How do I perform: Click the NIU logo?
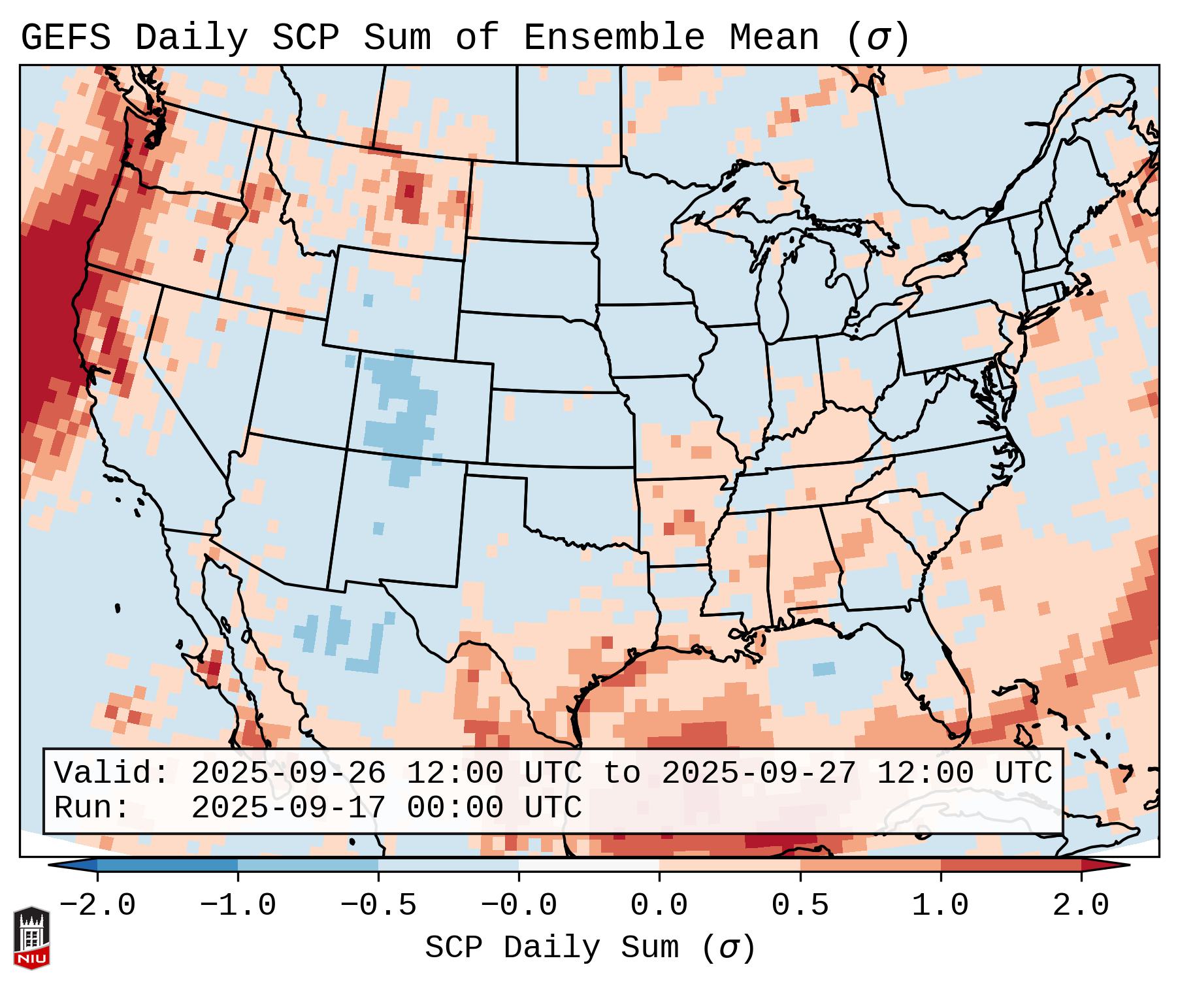tap(31, 937)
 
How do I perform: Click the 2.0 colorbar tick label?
tap(1081, 906)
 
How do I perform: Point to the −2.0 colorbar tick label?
tap(97, 906)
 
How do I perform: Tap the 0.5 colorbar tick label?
tap(800, 906)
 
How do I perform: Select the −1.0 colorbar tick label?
tap(238, 906)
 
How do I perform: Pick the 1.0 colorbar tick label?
tap(940, 906)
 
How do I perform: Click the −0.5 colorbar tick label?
tap(378, 906)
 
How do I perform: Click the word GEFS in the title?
tap(65, 38)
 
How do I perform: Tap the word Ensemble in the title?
tap(614, 38)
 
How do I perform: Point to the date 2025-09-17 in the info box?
tap(288, 808)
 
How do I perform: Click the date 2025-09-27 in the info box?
tap(759, 773)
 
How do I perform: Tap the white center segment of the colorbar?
tap(589, 865)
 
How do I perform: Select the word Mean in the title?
tap(774, 38)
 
